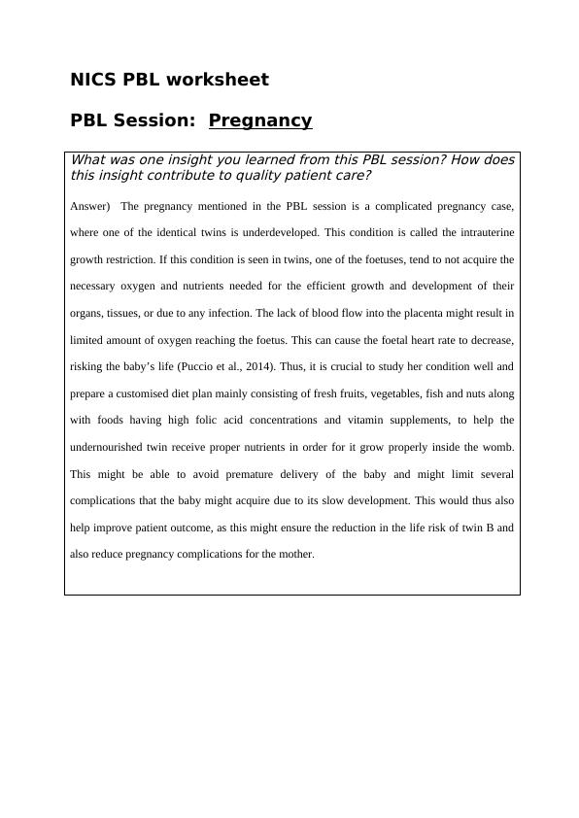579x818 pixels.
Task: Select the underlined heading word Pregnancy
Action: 260,120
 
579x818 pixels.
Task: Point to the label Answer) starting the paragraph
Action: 90,206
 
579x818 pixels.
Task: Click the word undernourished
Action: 110,447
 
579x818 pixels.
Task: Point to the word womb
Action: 496,447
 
